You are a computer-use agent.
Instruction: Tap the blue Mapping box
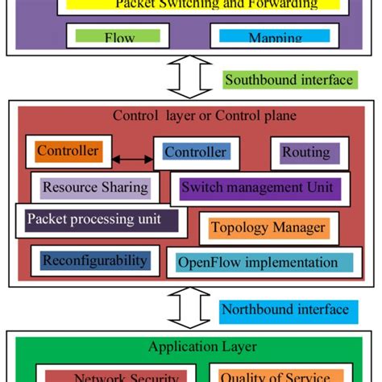tap(274, 36)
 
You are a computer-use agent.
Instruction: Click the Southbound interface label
tap(289, 79)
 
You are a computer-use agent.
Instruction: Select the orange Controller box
tap(69, 152)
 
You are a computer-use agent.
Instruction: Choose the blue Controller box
tap(196, 152)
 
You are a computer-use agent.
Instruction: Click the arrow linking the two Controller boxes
tap(131, 159)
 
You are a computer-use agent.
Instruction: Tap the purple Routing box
tap(305, 152)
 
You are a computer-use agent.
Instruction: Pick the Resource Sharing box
tap(95, 188)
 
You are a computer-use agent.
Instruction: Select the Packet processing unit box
tap(101, 219)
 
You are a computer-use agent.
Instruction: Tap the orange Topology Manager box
tap(268, 228)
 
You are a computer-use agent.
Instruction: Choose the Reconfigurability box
tap(94, 260)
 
